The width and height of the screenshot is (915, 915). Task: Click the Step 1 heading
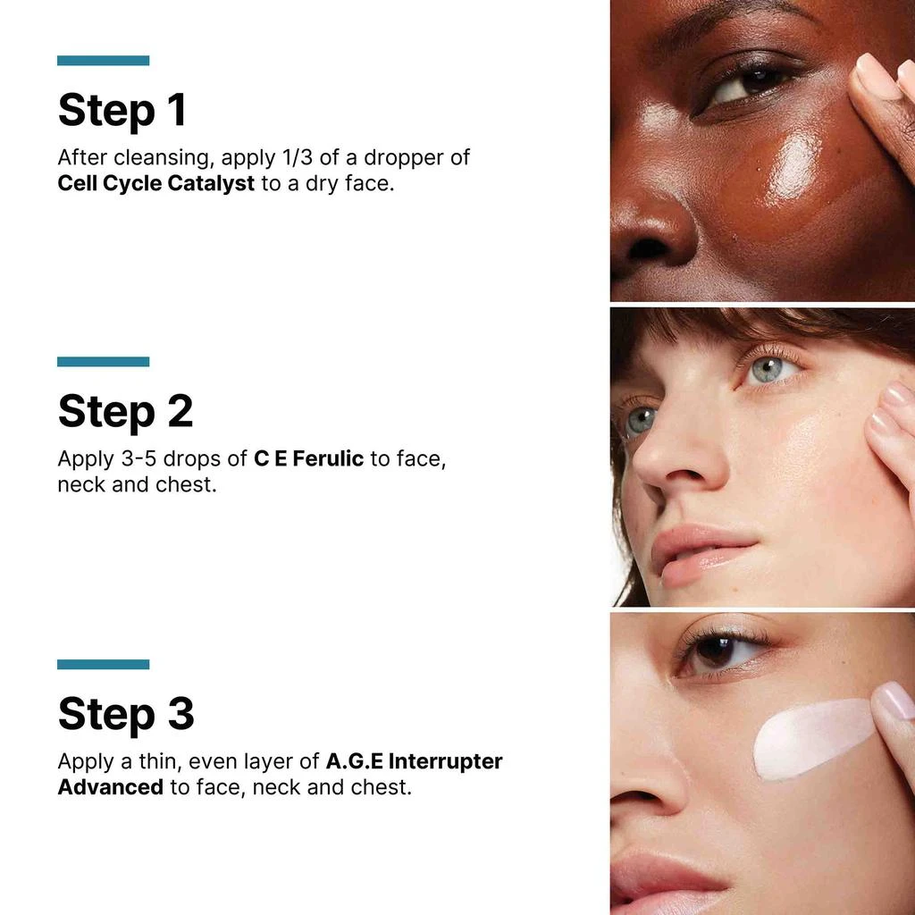(122, 109)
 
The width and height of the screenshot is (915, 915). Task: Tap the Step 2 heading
(125, 411)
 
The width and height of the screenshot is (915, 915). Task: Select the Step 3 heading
(126, 714)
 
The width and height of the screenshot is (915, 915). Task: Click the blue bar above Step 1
(103, 61)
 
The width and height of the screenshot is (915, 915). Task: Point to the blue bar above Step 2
(103, 362)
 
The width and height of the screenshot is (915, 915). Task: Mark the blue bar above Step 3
(103, 664)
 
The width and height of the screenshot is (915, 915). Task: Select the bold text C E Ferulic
(308, 459)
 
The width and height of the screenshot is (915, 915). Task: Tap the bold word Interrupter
(446, 762)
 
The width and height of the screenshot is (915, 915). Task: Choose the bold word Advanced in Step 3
(110, 788)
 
